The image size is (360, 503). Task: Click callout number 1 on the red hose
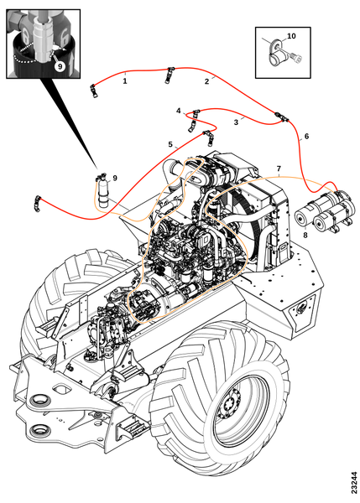125,80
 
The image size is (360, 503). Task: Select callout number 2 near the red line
206,81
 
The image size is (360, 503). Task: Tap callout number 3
236,122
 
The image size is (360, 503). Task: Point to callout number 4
179,111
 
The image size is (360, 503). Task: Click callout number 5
170,144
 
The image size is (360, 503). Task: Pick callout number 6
306,137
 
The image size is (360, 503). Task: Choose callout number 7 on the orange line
279,169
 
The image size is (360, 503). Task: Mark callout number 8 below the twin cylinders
305,235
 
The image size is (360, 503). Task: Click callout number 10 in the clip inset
291,36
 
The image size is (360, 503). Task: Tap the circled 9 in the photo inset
60,66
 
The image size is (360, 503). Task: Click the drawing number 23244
354,482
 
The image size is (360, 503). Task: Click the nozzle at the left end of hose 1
94,91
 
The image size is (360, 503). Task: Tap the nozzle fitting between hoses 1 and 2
169,75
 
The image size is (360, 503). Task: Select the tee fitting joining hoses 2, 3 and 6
282,117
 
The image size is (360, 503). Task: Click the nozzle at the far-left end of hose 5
37,204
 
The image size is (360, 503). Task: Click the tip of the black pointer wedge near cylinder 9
97,168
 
